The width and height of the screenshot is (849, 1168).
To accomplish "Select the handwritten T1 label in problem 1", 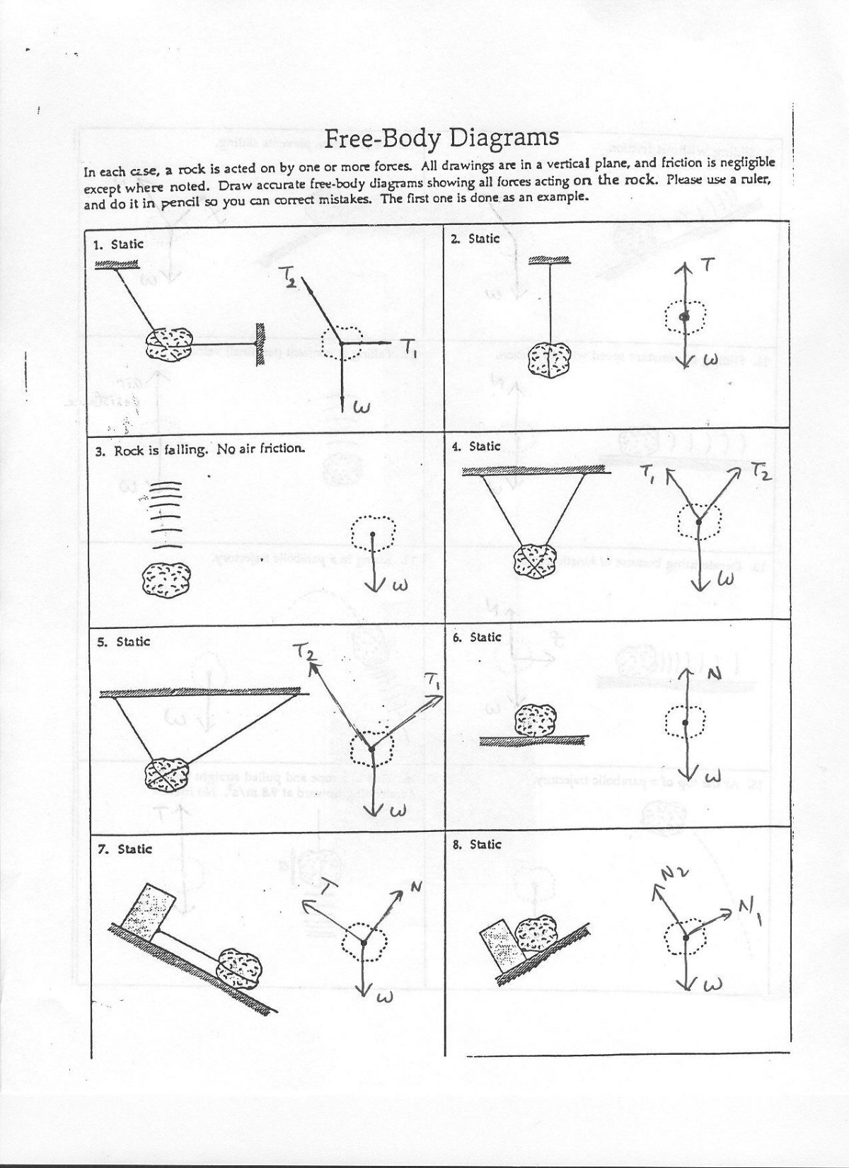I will point(409,346).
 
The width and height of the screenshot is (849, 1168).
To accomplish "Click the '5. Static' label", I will point(124,642).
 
